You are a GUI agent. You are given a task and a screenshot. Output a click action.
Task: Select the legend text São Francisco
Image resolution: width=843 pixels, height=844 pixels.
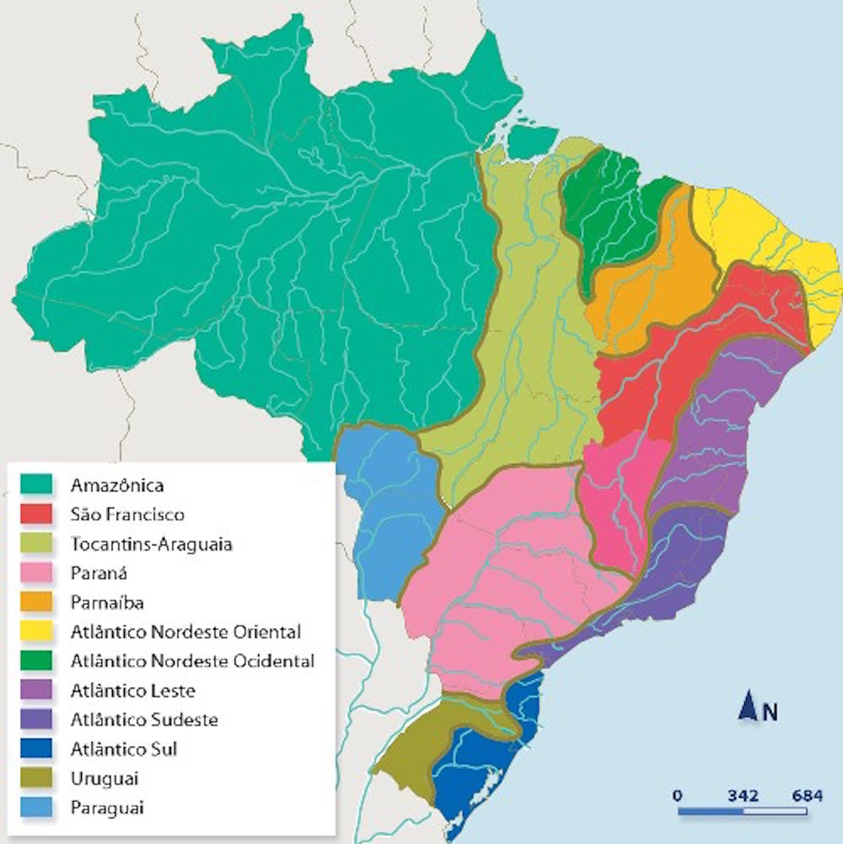pyautogui.click(x=127, y=515)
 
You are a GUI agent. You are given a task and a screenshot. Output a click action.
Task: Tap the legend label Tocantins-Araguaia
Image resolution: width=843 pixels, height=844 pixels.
pyautogui.click(x=152, y=544)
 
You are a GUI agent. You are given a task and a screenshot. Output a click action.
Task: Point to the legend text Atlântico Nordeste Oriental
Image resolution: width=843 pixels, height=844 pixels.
pyautogui.click(x=185, y=632)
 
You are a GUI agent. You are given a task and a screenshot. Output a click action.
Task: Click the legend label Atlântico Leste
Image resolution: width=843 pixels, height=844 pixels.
pyautogui.click(x=133, y=691)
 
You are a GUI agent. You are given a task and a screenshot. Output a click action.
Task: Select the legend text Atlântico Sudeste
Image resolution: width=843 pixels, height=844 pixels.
pyautogui.click(x=144, y=720)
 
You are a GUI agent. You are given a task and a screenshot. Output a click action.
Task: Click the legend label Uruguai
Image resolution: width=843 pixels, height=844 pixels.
pyautogui.click(x=105, y=778)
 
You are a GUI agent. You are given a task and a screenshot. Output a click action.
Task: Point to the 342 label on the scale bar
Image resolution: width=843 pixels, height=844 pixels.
pyautogui.click(x=742, y=795)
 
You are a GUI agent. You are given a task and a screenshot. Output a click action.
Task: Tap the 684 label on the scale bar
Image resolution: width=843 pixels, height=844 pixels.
pyautogui.click(x=807, y=795)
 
